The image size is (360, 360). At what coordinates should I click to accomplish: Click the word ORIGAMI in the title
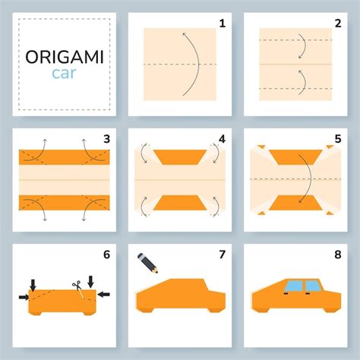tap(65, 58)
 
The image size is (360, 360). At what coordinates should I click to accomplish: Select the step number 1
tap(223, 24)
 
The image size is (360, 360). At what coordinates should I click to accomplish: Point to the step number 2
tap(338, 24)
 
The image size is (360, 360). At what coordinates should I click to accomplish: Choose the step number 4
tap(223, 140)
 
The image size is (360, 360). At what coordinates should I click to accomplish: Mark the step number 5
tap(338, 140)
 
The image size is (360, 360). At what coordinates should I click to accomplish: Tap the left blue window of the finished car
tap(293, 287)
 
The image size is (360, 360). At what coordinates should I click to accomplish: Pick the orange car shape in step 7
tap(180, 297)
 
